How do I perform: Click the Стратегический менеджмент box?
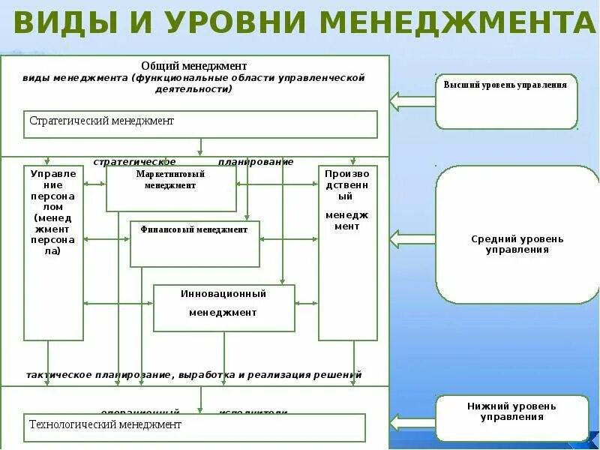click(200, 124)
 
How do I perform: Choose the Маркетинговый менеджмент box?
click(171, 188)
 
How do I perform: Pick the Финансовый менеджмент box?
click(194, 244)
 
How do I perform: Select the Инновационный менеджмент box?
click(223, 307)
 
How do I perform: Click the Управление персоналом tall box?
click(53, 253)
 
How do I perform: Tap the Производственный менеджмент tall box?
click(347, 253)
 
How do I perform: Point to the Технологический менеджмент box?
click(194, 427)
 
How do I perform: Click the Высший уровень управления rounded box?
click(506, 101)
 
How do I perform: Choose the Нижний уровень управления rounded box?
click(512, 418)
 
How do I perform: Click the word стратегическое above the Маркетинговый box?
click(135, 161)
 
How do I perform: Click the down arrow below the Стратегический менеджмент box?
click(200, 147)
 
